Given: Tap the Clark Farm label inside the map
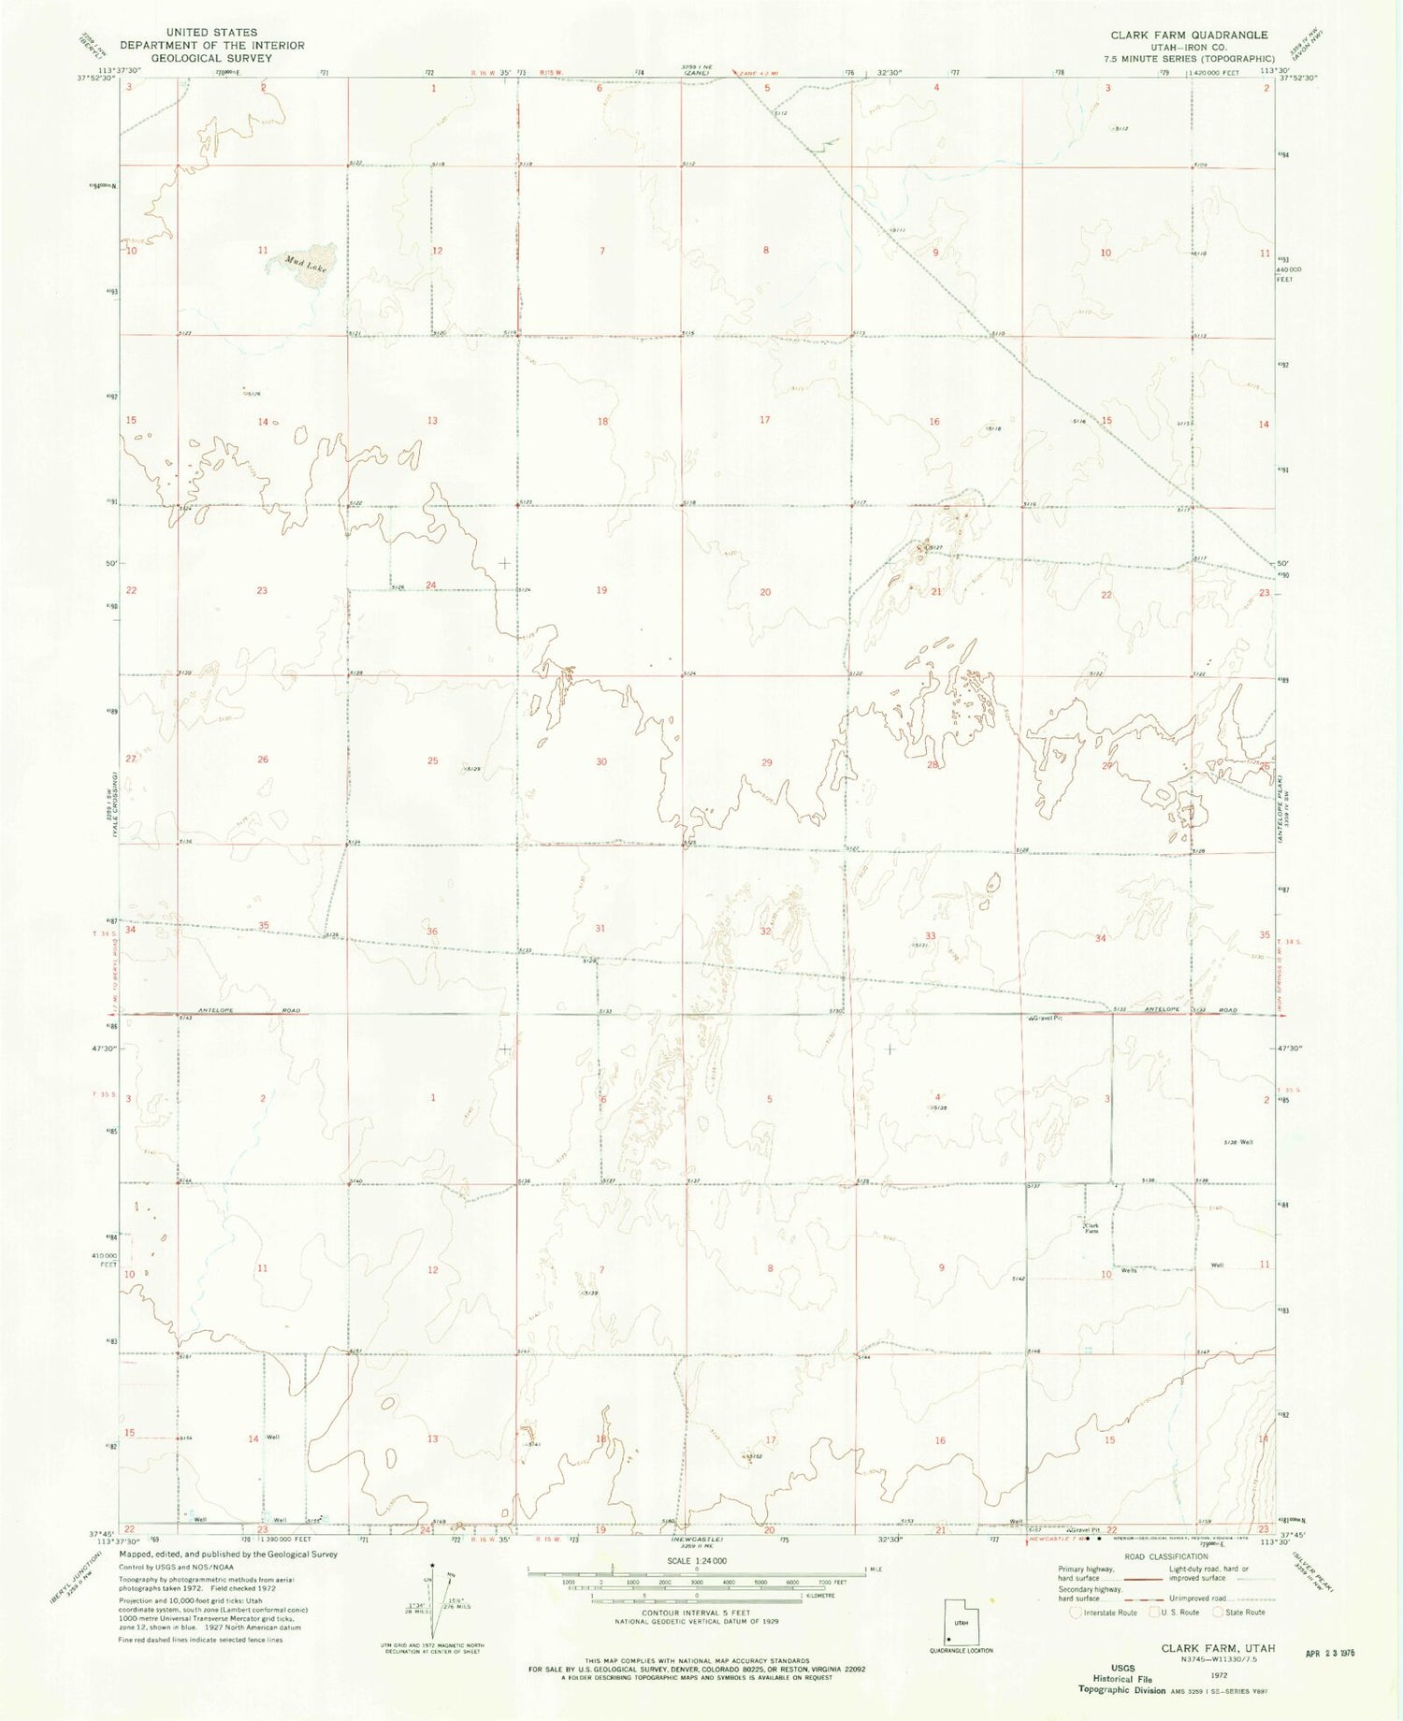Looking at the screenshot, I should (1091, 1228).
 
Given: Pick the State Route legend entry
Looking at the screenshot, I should (1243, 1612).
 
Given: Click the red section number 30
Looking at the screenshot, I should (601, 761).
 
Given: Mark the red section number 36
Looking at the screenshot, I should (432, 932).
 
